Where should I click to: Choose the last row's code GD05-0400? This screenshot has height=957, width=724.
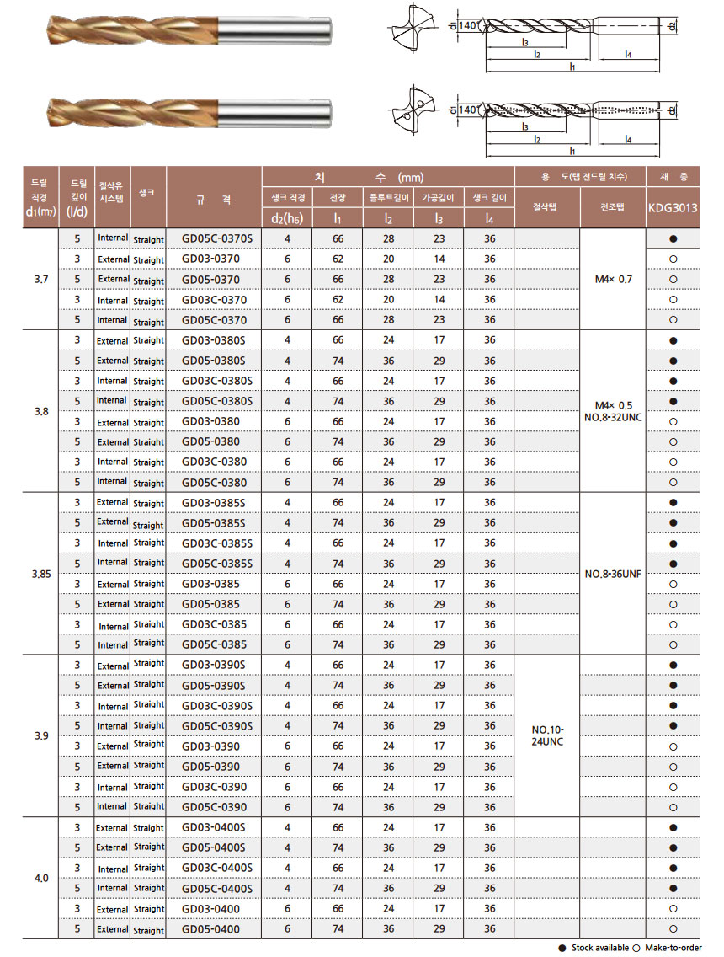[x=210, y=929]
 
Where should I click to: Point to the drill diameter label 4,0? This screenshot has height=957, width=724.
[x=41, y=878]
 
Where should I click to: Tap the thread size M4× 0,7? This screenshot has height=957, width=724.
[x=612, y=278]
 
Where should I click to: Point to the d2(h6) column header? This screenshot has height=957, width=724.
[x=287, y=219]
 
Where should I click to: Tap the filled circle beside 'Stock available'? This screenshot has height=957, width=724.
[x=562, y=948]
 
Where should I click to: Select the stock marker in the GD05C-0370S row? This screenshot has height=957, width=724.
[x=673, y=238]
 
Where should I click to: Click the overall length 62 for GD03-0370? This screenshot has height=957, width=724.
[x=338, y=259]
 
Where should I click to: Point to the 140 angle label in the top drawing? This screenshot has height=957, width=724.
[x=469, y=26]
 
